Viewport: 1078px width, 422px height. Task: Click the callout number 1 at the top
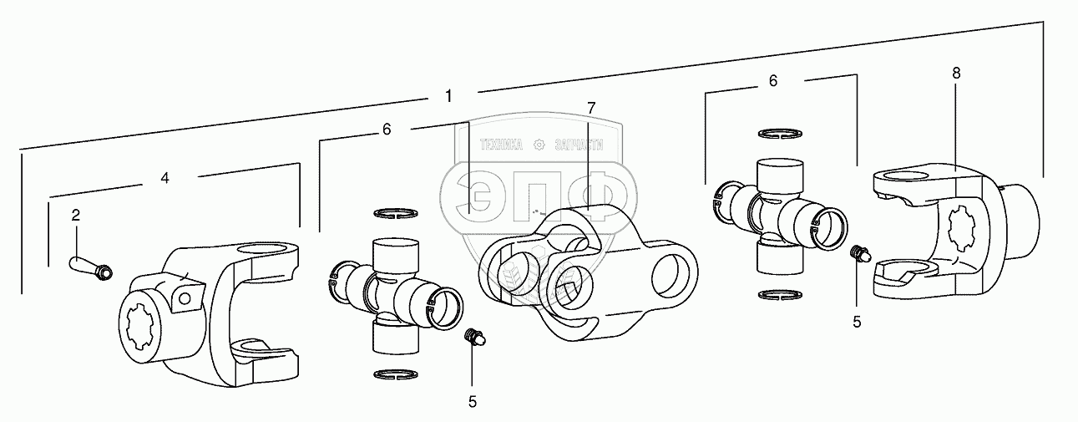[x=448, y=96]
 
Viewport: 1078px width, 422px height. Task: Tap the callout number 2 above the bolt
[x=75, y=216]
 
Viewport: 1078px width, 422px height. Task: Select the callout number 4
[x=165, y=178]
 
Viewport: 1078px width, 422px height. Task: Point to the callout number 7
[x=591, y=108]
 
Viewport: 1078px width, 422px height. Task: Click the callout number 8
[x=956, y=73]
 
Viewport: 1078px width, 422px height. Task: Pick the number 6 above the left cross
[x=386, y=130]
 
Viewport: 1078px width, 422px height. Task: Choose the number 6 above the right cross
[x=772, y=81]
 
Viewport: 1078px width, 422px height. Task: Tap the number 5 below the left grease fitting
[x=472, y=401]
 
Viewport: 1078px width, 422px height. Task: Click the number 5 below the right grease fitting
[x=856, y=321]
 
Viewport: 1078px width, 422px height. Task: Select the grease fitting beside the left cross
[x=473, y=337]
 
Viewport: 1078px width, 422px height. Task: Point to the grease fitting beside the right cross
[x=858, y=253]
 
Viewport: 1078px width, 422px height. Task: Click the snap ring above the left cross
[x=396, y=213]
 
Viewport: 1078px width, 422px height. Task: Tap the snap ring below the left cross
[x=396, y=374]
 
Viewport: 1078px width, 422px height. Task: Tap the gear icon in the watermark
[x=539, y=145]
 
